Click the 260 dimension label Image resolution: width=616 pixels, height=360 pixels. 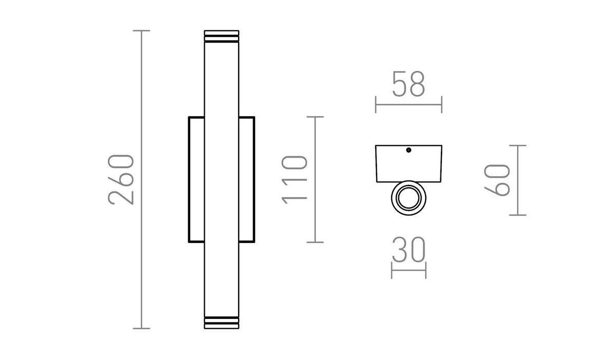tap(121, 180)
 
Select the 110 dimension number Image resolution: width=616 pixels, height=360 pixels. tap(294, 180)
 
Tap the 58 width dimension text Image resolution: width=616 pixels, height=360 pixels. tap(409, 84)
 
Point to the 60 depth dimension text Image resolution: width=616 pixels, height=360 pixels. tap(497, 180)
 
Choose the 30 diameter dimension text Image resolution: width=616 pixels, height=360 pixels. tap(409, 250)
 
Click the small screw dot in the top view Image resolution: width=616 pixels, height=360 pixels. tap(409, 150)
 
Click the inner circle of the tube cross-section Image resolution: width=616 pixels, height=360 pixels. tap(409, 198)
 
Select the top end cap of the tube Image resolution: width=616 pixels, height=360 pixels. tap(221, 36)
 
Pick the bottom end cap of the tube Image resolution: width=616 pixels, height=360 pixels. tap(221, 323)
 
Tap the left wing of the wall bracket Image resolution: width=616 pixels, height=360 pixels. tap(197, 180)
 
